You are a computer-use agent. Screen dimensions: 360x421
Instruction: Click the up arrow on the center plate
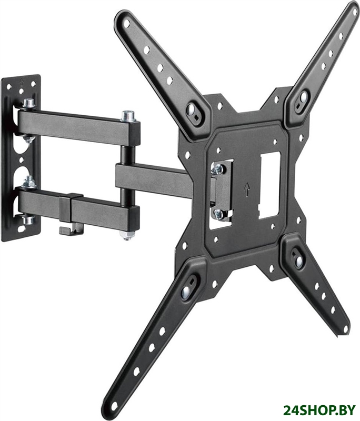click(x=246, y=189)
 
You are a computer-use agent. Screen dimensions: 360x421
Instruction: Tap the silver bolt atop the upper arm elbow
click(x=128, y=116)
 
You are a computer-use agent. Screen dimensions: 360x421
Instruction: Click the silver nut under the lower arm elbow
click(x=127, y=234)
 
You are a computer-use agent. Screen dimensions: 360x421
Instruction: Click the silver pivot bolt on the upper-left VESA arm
click(x=192, y=108)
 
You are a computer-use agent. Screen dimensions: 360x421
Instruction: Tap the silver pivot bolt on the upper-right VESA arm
click(x=304, y=97)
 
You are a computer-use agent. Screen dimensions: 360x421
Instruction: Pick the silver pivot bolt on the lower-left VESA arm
click(x=185, y=292)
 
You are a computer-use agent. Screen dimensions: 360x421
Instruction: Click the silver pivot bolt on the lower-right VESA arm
click(x=298, y=261)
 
